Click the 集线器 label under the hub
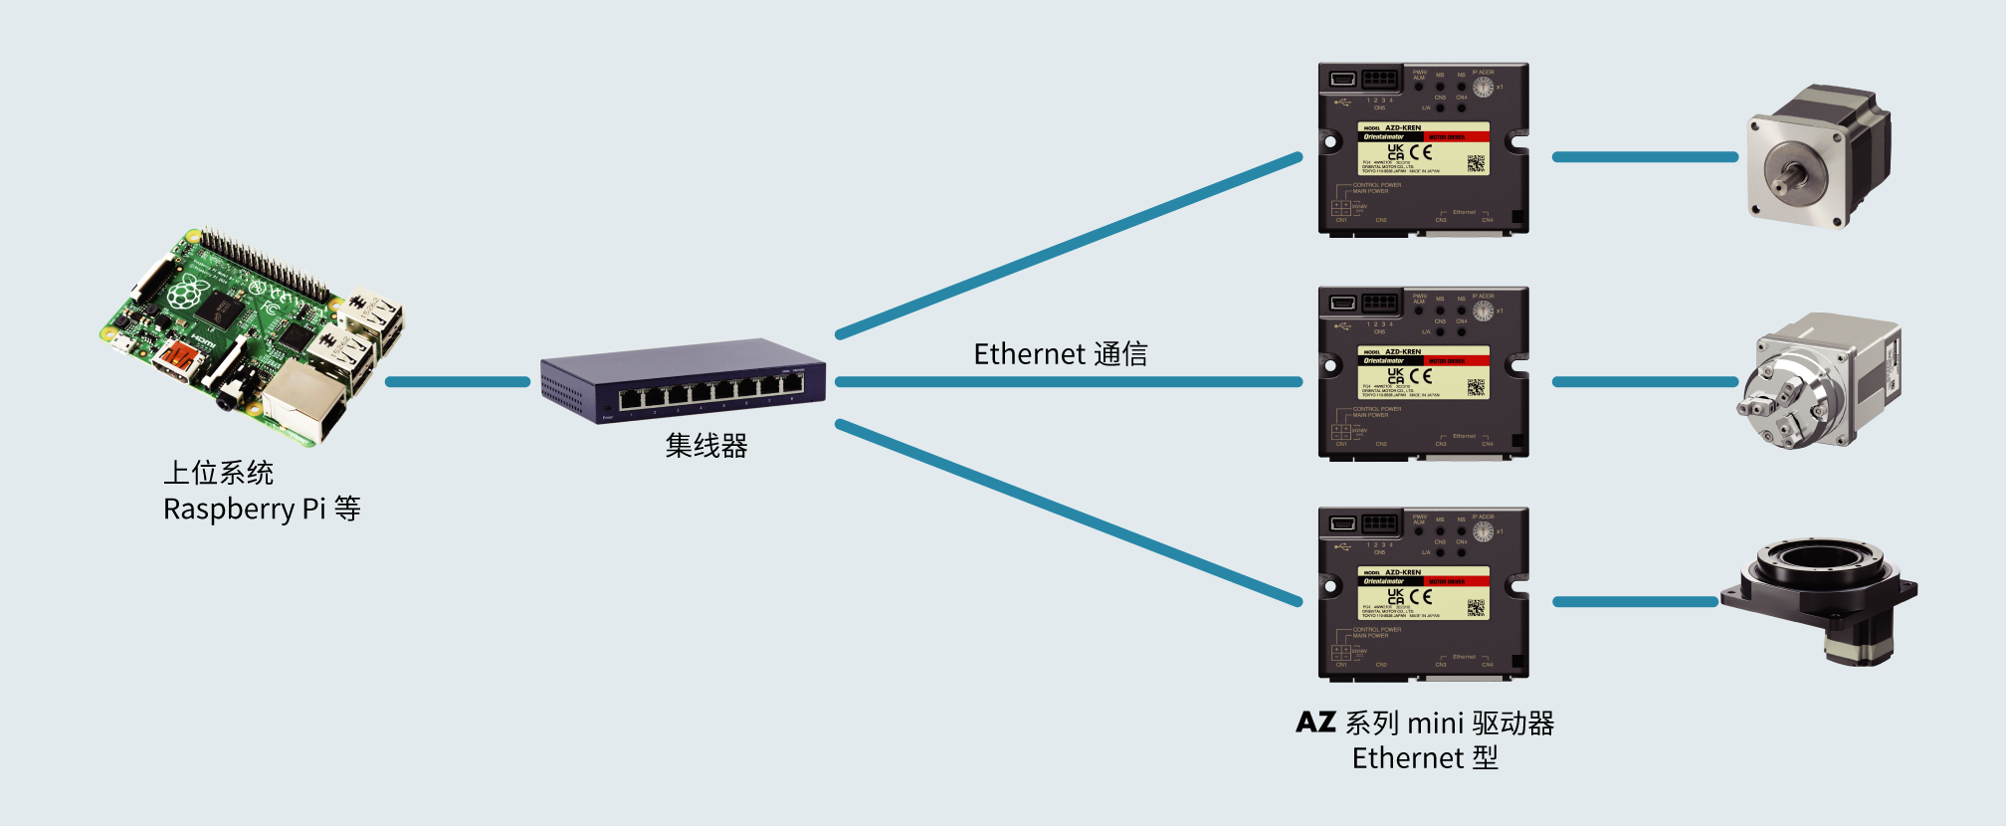click(x=706, y=446)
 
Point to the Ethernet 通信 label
click(x=1060, y=354)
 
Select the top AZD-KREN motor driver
click(x=1423, y=149)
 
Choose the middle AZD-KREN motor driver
click(x=1423, y=373)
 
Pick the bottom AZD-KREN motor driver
click(x=1423, y=594)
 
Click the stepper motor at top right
click(x=1819, y=156)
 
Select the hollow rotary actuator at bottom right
click(x=1819, y=597)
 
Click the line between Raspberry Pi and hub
click(x=458, y=382)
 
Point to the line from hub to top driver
click(x=1070, y=245)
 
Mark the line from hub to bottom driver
click(x=1070, y=514)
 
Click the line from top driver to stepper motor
click(x=1645, y=157)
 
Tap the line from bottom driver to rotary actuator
click(x=1635, y=602)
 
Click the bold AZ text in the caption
click(x=1315, y=723)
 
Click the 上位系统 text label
click(x=219, y=473)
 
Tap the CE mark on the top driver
click(x=1421, y=152)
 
